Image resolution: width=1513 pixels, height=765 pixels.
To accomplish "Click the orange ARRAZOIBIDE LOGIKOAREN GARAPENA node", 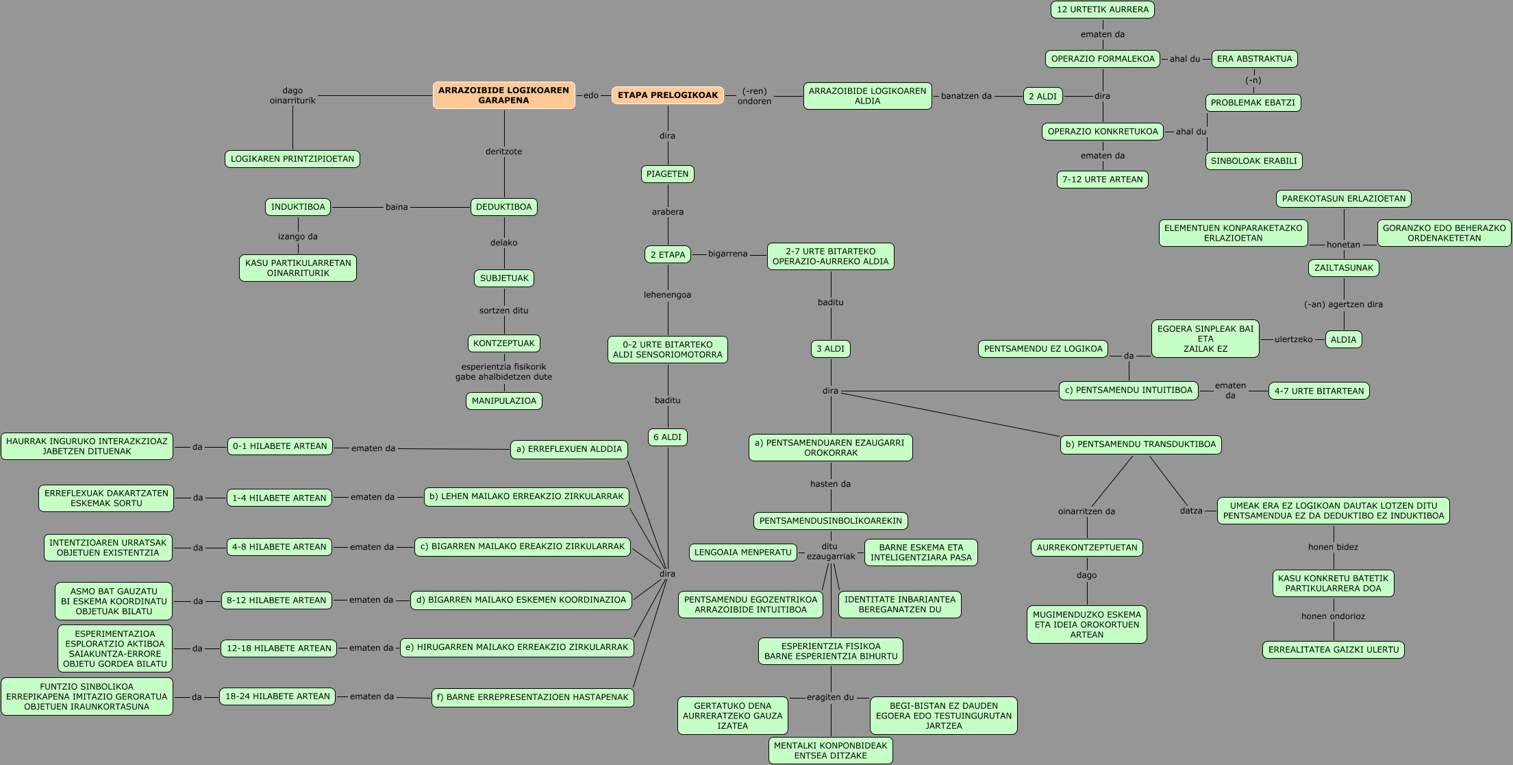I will pyautogui.click(x=503, y=95).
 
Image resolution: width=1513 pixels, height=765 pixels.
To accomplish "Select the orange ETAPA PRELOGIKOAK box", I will pyautogui.click(x=667, y=95).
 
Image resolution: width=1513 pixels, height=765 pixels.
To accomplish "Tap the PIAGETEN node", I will pyautogui.click(x=667, y=174).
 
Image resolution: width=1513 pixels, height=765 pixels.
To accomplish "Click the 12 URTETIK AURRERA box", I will pyautogui.click(x=1102, y=10).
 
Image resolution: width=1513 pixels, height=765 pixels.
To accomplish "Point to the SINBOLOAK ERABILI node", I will pyautogui.click(x=1253, y=161).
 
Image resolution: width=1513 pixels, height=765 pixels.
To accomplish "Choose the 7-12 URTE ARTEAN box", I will pyautogui.click(x=1102, y=180).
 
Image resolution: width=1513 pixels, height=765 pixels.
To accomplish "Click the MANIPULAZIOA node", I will pyautogui.click(x=504, y=401).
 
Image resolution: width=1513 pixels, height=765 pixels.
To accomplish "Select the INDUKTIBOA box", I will pyautogui.click(x=298, y=207).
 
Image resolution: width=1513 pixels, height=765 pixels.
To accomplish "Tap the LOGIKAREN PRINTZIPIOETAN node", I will pyautogui.click(x=292, y=159).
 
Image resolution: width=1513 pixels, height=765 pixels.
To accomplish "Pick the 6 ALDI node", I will pyautogui.click(x=667, y=437).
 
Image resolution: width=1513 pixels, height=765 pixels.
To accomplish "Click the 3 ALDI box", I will pyautogui.click(x=830, y=349).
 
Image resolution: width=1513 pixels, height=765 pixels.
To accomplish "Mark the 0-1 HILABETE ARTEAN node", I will pyautogui.click(x=280, y=446).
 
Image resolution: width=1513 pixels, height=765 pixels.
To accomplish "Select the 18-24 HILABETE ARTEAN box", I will pyautogui.click(x=277, y=696).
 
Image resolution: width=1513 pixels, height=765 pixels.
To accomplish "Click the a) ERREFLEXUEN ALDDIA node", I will pyautogui.click(x=569, y=449).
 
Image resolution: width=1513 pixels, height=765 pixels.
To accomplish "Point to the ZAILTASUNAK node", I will pyautogui.click(x=1343, y=268).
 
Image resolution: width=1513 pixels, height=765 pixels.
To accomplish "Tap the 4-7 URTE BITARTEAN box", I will pyautogui.click(x=1318, y=391).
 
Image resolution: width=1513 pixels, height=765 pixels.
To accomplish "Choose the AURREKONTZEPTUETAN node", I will pyautogui.click(x=1086, y=548).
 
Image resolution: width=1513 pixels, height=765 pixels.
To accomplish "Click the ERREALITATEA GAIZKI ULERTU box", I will pyautogui.click(x=1333, y=650).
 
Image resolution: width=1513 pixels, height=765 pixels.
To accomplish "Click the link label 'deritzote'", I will pyautogui.click(x=503, y=151).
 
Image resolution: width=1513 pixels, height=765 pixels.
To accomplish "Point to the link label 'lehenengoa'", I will pyautogui.click(x=667, y=295).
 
